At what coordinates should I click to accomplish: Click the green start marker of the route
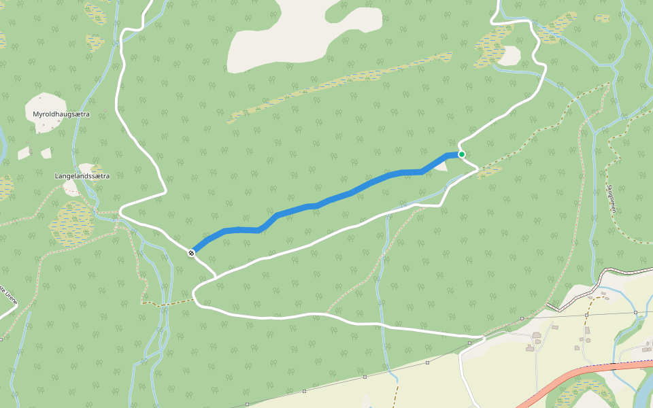pyautogui.click(x=462, y=154)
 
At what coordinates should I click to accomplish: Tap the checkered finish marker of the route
pyautogui.click(x=192, y=253)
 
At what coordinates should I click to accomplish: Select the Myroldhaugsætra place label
pyautogui.click(x=61, y=114)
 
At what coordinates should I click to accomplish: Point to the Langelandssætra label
pyautogui.click(x=82, y=175)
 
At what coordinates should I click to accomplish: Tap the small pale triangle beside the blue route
pyautogui.click(x=442, y=165)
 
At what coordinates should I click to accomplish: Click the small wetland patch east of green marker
pyautogui.click(x=490, y=171)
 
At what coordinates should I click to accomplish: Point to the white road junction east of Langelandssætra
pyautogui.click(x=121, y=211)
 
